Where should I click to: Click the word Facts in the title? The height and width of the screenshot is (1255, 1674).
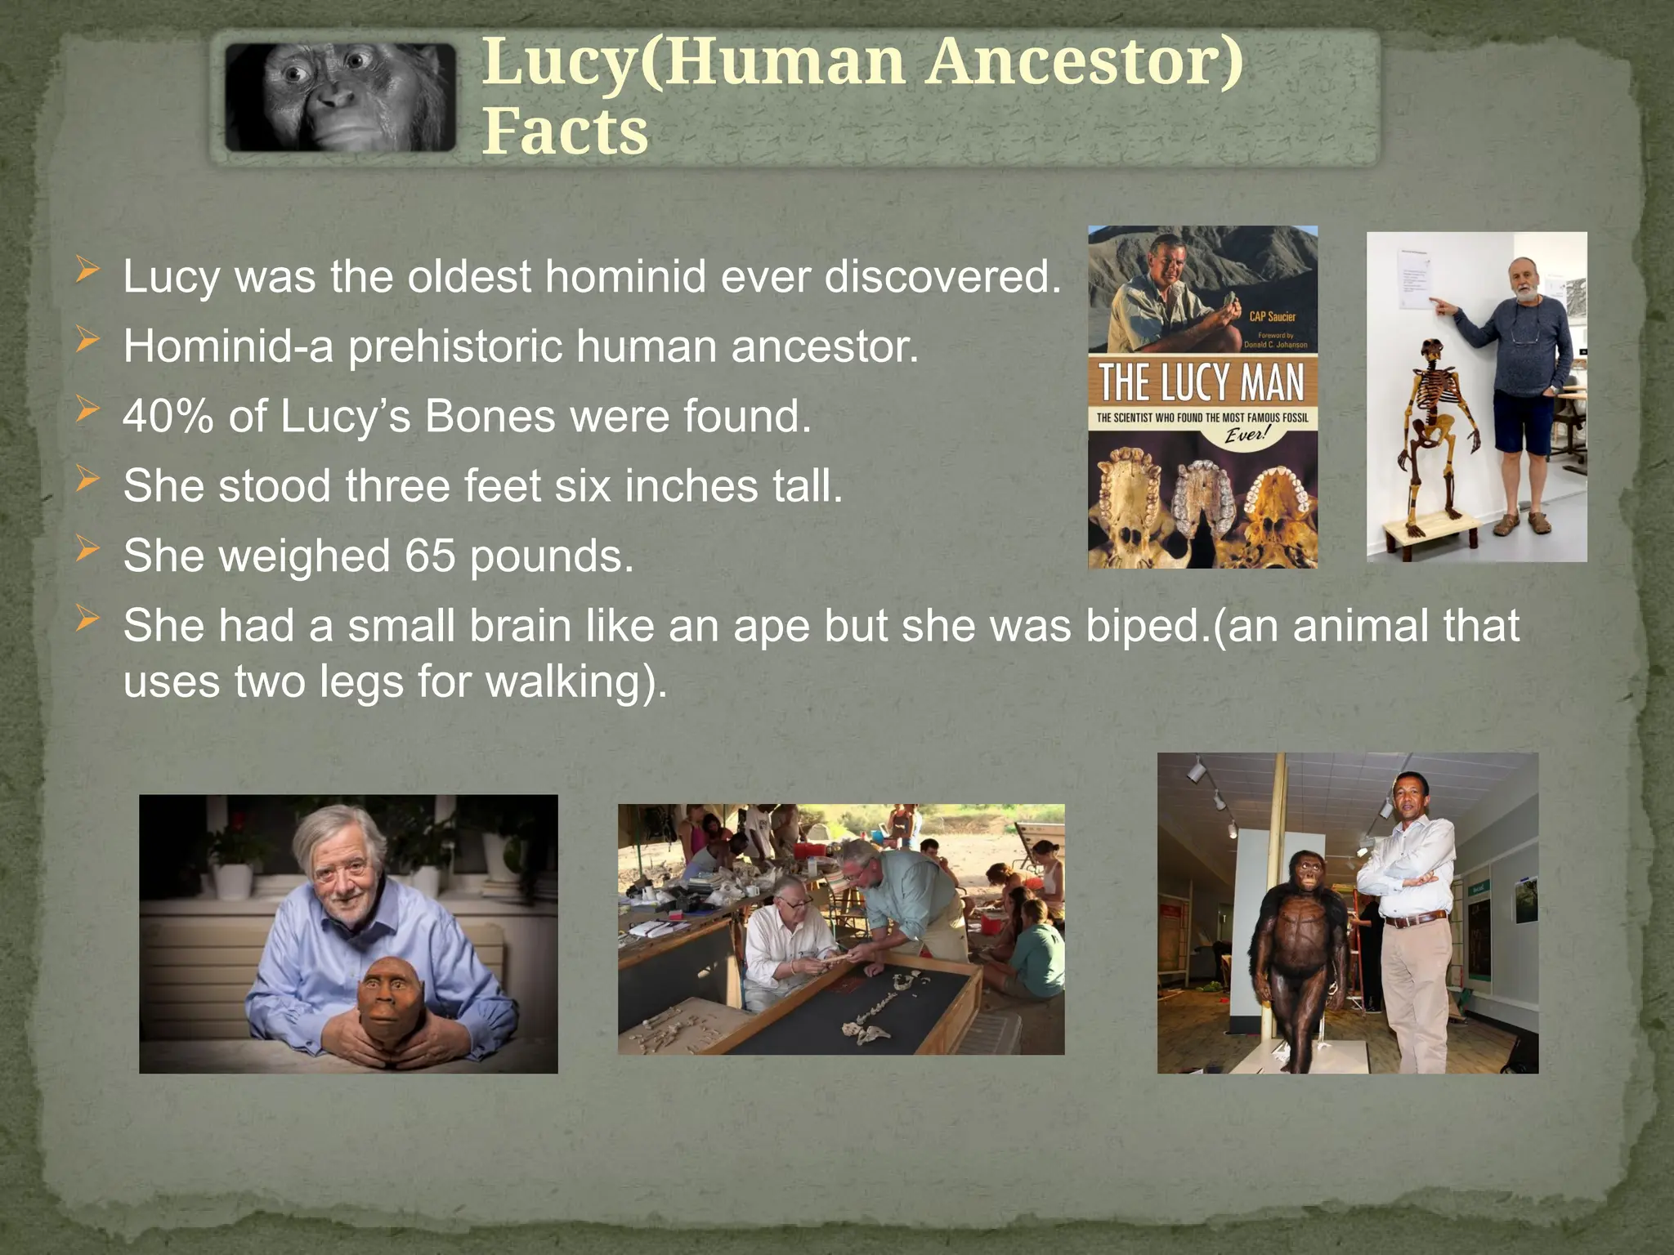(x=565, y=131)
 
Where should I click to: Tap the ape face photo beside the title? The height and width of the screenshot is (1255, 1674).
(x=340, y=97)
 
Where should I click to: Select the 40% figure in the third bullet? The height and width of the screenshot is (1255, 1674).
(x=168, y=416)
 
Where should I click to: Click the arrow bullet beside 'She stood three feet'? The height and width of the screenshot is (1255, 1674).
(x=87, y=480)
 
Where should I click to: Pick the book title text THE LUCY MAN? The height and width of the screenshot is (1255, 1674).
(x=1202, y=382)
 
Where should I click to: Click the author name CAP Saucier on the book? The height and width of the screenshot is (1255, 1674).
(x=1272, y=316)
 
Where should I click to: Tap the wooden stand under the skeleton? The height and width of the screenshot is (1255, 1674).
(x=1431, y=532)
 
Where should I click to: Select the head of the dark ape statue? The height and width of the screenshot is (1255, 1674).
(x=1307, y=873)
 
